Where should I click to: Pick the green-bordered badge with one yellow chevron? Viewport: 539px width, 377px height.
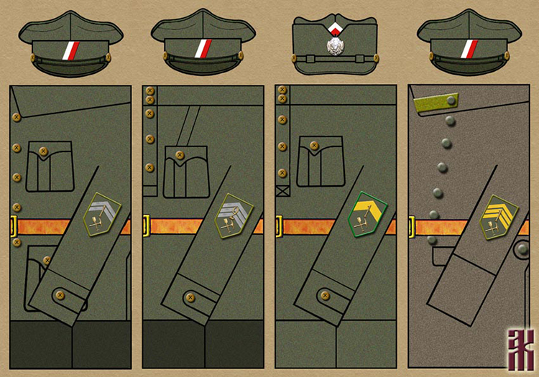[367, 214]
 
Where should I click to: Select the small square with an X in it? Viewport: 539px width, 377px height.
[282, 192]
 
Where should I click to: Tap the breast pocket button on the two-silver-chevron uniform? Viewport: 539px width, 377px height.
[43, 152]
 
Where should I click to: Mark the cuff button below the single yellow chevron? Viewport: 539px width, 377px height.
[324, 295]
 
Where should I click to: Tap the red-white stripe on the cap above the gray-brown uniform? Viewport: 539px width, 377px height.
[469, 50]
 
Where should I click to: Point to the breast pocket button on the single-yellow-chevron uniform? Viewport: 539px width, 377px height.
[313, 146]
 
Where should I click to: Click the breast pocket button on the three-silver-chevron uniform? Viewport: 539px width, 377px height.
[175, 154]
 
